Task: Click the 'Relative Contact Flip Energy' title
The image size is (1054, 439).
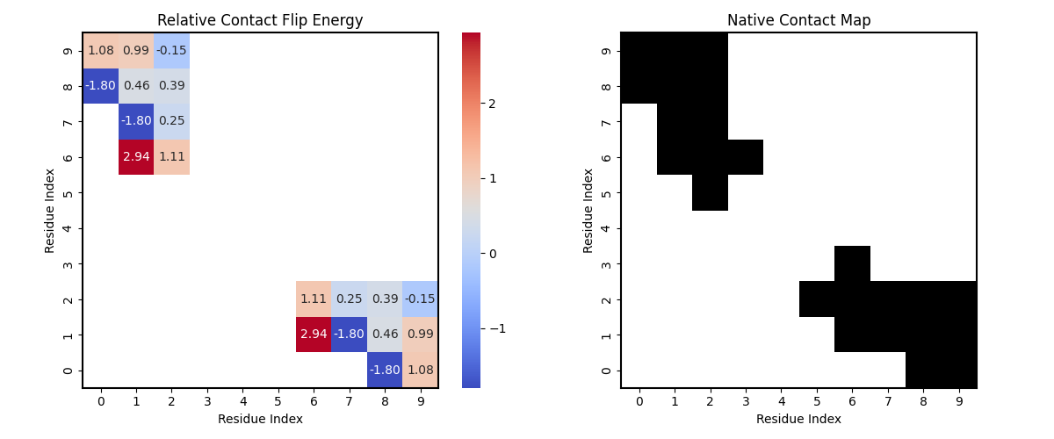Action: pos(260,20)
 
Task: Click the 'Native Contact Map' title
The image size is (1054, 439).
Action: pos(798,20)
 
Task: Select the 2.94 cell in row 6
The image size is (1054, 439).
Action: pos(136,157)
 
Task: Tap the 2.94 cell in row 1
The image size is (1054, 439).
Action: pos(314,335)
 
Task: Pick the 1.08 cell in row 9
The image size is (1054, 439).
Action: pos(101,51)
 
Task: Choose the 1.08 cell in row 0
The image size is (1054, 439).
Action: pos(420,370)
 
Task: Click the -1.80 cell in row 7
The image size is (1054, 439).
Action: pos(136,121)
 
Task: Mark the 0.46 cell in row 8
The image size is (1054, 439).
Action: pos(136,86)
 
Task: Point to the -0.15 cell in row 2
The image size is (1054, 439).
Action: pos(420,299)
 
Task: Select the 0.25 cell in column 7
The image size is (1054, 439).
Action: pos(349,299)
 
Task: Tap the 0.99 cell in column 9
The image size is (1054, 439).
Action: pos(420,335)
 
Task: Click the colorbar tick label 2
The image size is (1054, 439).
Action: pos(493,104)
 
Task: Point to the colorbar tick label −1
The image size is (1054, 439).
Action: pos(496,328)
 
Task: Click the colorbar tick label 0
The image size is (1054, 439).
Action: pos(493,254)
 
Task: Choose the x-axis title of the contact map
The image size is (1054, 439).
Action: pos(798,419)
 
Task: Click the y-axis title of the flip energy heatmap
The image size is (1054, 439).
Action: pos(50,211)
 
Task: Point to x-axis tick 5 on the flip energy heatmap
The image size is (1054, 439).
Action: pos(278,401)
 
